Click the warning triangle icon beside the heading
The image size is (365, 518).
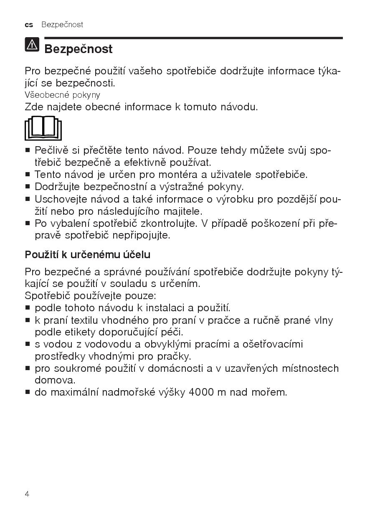click(32, 45)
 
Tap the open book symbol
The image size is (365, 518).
click(43, 128)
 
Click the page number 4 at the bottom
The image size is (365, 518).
click(27, 494)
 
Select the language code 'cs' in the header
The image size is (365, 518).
click(29, 25)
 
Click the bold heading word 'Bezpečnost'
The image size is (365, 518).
click(79, 49)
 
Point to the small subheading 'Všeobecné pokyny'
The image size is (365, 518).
click(63, 95)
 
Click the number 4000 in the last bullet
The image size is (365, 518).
click(202, 392)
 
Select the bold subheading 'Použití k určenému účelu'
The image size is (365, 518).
click(88, 254)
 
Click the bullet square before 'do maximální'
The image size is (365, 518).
click(28, 393)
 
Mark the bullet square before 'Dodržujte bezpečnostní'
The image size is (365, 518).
click(28, 187)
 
